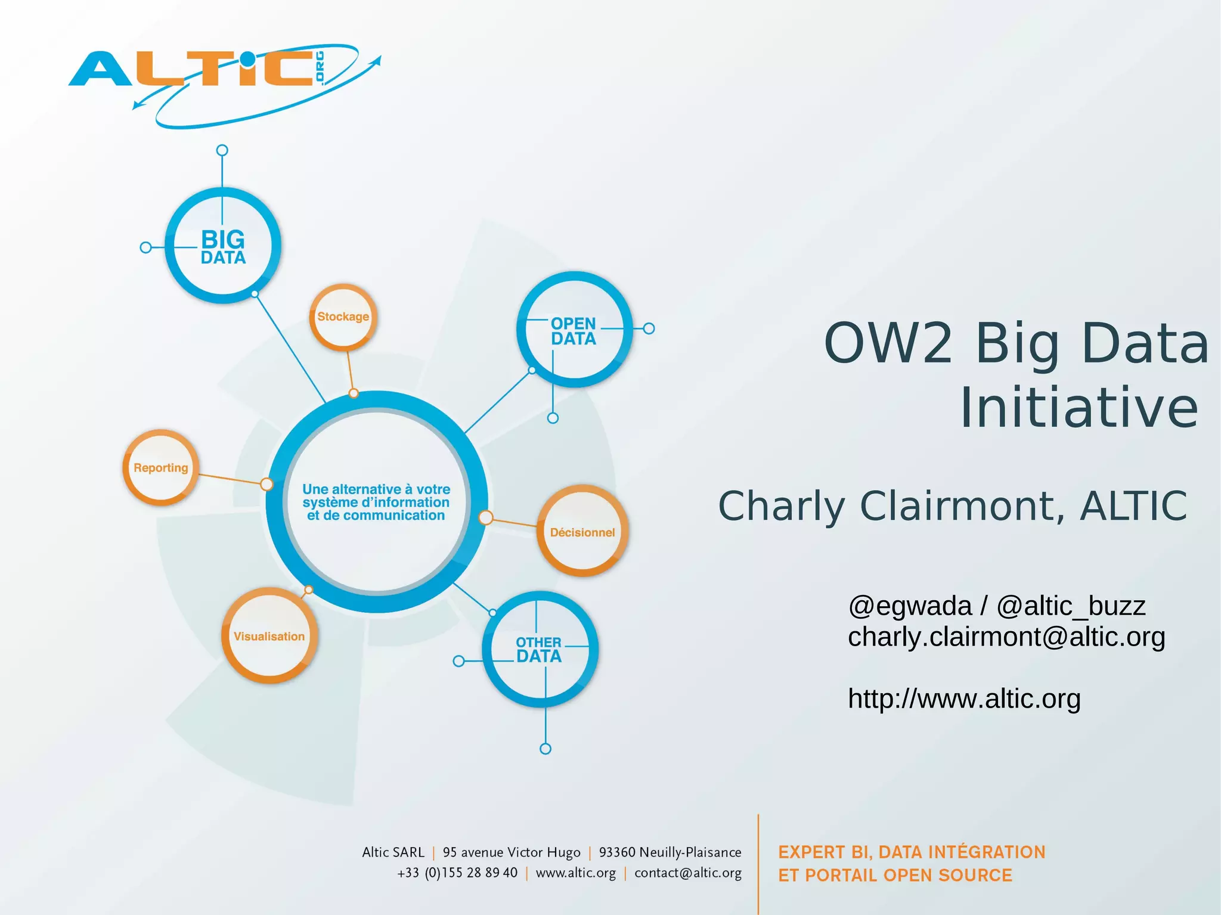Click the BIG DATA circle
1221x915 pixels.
click(222, 246)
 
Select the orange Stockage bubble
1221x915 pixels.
click(343, 317)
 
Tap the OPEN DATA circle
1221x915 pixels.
click(574, 330)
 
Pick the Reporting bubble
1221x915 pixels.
click(160, 468)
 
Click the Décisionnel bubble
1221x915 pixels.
click(582, 532)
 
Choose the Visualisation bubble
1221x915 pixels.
click(269, 636)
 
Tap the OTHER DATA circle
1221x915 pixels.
click(539, 650)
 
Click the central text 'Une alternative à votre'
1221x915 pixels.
click(376, 489)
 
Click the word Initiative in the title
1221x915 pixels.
click(1079, 408)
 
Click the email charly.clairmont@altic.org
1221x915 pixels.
click(1006, 637)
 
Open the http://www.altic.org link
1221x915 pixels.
click(964, 699)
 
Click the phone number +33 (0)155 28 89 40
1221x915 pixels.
click(457, 873)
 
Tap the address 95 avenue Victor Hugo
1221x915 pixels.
click(512, 852)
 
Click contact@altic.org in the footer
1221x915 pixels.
click(687, 873)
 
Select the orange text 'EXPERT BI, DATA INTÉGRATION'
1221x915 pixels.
click(912, 852)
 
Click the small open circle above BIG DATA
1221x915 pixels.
click(222, 150)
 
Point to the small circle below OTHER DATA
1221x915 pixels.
click(545, 749)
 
